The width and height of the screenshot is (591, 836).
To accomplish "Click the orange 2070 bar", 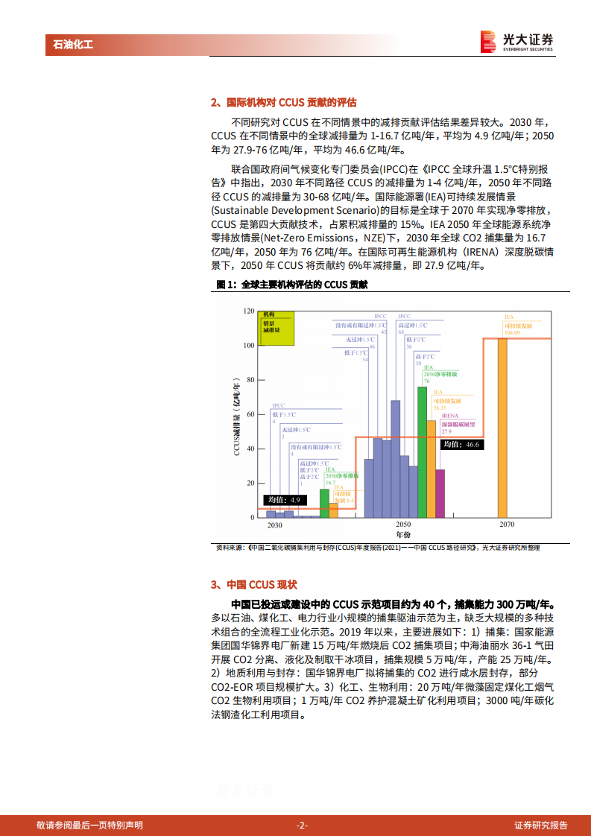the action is tap(502, 428).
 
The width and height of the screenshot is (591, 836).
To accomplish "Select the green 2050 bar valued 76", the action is tap(423, 452).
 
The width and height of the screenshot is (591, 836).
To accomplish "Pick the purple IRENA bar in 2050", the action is tap(440, 493).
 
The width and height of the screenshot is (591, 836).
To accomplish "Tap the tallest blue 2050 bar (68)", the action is tap(396, 459).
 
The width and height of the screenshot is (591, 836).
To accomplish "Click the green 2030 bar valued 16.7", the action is tap(324, 503).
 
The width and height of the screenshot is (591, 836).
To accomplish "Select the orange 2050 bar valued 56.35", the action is tap(432, 469).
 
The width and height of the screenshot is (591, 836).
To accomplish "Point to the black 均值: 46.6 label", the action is tap(461, 445).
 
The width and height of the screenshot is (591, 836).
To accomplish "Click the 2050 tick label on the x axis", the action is tap(403, 525).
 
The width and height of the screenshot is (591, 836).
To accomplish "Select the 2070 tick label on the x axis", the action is tap(507, 525).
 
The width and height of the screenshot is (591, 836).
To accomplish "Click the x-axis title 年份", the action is tap(403, 535).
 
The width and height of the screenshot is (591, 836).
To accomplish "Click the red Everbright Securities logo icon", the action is tap(488, 40).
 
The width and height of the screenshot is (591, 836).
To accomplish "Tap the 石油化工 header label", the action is tap(73, 45).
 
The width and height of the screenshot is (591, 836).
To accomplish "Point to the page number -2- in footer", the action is tap(303, 825).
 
